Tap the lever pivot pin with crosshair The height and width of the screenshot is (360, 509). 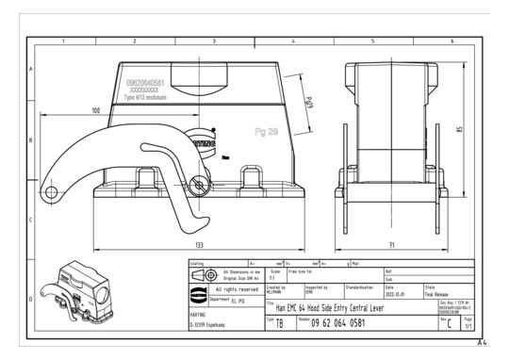(197, 183)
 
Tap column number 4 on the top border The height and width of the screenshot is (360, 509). (292, 41)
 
